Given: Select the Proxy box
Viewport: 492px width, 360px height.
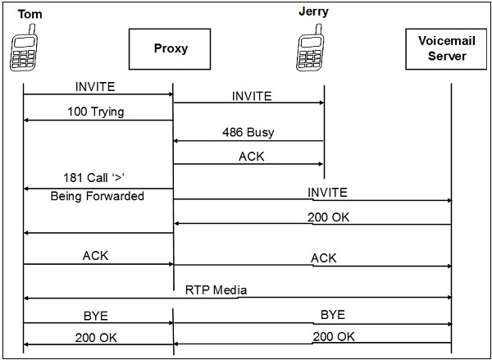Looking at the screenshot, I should pos(171,48).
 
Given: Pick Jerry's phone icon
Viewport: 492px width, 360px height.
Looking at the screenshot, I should pos(312,49).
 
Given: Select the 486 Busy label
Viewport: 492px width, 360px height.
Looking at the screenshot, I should pos(248,131).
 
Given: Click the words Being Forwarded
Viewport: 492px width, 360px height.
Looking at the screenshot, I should pos(98,197).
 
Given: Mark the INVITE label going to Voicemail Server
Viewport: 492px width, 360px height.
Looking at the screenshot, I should pos(327,192).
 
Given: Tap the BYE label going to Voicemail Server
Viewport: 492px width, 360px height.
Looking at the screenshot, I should pos(332,314).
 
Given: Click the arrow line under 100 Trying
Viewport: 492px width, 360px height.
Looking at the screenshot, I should pos(98,121).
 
